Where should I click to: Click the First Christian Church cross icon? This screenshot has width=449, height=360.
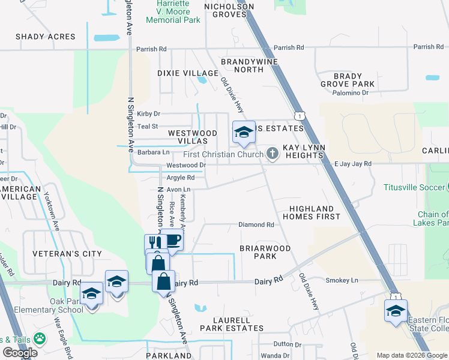click(x=273, y=154)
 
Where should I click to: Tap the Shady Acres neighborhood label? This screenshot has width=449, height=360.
click(x=46, y=37)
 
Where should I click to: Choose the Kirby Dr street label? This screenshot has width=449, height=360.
click(x=149, y=113)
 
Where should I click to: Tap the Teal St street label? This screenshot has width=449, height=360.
click(x=147, y=127)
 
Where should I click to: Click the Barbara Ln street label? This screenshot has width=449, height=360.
click(x=153, y=152)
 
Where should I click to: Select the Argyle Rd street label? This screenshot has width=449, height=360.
click(x=180, y=178)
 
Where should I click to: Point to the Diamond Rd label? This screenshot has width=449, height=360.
click(x=256, y=224)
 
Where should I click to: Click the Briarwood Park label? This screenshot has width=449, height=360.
click(x=265, y=252)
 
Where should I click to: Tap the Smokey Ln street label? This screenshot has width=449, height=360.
click(x=342, y=280)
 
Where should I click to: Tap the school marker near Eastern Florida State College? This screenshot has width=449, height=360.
click(x=396, y=311)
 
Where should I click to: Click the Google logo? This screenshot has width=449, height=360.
click(x=20, y=353)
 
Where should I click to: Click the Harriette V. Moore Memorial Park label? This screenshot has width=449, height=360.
click(x=173, y=11)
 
